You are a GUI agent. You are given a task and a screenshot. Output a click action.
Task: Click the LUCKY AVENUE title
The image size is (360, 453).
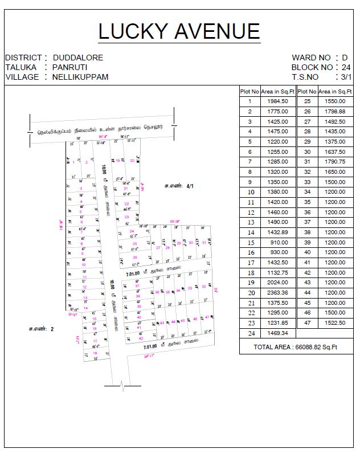pyautogui.click(x=179, y=31)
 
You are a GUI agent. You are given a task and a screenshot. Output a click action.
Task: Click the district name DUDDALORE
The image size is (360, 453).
pyautogui.click(x=78, y=58)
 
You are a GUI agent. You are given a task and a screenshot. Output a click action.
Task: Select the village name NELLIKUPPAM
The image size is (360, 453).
pyautogui.click(x=80, y=77)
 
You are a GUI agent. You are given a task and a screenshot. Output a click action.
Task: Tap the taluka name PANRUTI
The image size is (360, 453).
pyautogui.click(x=70, y=67)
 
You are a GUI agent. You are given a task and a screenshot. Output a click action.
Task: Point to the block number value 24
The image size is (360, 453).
pyautogui.click(x=346, y=67)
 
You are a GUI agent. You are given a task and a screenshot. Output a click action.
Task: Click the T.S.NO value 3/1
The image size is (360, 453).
pyautogui.click(x=346, y=77)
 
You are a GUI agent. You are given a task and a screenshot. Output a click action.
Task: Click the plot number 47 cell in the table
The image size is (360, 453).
pyautogui.click(x=307, y=323)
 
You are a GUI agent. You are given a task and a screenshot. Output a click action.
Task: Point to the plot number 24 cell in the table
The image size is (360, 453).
pyautogui.click(x=249, y=333)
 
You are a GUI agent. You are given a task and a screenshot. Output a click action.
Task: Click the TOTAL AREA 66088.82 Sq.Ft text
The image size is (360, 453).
pyautogui.click(x=296, y=346)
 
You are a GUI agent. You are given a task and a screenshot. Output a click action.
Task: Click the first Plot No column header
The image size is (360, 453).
pyautogui.click(x=249, y=91)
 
